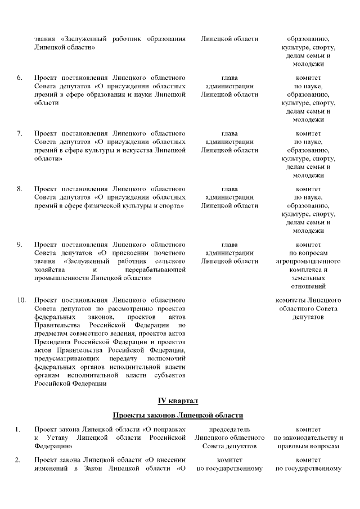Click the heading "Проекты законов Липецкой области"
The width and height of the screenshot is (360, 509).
pyautogui.click(x=178, y=416)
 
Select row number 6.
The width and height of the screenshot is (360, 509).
pyautogui.click(x=20, y=77)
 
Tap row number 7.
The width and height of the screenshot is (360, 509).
pyautogui.click(x=20, y=133)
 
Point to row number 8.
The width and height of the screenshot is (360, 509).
pyautogui.click(x=20, y=188)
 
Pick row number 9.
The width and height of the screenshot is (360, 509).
pyautogui.click(x=20, y=245)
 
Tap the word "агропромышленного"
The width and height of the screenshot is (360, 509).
pyautogui.click(x=308, y=262)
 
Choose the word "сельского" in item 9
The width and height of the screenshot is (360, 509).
pyautogui.click(x=168, y=262)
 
